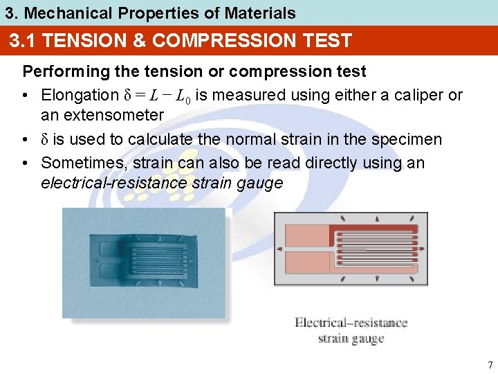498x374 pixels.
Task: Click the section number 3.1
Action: click(x=22, y=41)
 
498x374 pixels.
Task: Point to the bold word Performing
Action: click(x=62, y=71)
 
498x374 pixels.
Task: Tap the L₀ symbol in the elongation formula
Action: click(x=183, y=96)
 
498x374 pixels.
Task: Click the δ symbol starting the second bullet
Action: click(x=45, y=139)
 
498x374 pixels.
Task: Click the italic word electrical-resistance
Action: click(x=113, y=183)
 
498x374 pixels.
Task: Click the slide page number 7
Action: click(x=490, y=365)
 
